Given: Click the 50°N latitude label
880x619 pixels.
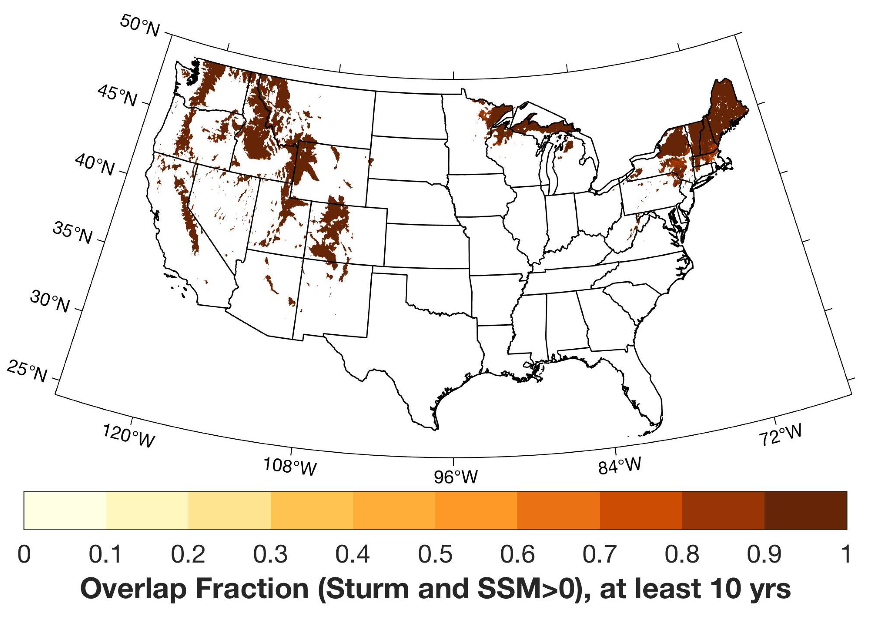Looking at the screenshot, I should coord(140,26).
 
